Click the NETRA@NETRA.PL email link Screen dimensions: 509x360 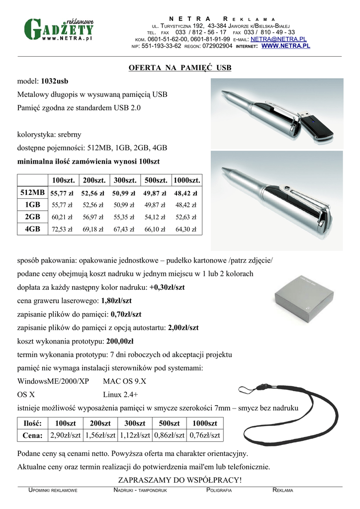278,39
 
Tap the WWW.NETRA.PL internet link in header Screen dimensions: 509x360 285,46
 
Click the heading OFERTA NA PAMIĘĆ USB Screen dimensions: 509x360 180,68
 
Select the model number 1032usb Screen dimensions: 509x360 55,81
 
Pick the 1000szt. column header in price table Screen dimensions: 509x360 186,179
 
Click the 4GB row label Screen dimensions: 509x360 32,229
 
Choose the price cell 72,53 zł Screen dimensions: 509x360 62,230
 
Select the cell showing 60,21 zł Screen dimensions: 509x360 62,217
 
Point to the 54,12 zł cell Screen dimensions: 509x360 155,217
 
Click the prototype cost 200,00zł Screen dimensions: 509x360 120,341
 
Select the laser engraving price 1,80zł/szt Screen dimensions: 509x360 116,301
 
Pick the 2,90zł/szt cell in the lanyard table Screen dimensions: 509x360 65,435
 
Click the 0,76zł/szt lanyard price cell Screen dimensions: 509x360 204,435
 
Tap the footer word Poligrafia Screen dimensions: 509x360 219,490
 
